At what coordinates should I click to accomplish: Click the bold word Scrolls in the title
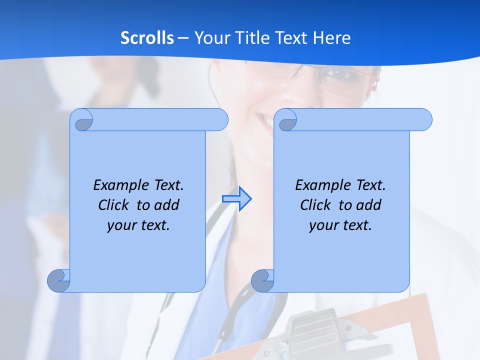click(x=147, y=38)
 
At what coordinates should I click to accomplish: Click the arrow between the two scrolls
click(x=237, y=198)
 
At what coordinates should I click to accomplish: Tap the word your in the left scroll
click(x=121, y=225)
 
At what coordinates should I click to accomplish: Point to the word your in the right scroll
click(x=323, y=225)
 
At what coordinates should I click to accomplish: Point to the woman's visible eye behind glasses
click(x=336, y=76)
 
